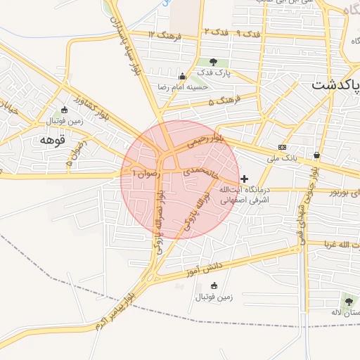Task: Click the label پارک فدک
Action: tap(214, 72)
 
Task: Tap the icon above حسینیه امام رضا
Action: tap(183, 77)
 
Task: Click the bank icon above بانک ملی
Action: tap(282, 148)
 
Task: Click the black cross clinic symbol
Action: tap(244, 179)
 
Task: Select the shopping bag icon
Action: tap(316, 155)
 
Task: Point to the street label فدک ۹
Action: tap(230, 33)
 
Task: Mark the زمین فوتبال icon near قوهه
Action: tap(65, 110)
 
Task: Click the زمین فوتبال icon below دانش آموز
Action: tap(214, 285)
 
